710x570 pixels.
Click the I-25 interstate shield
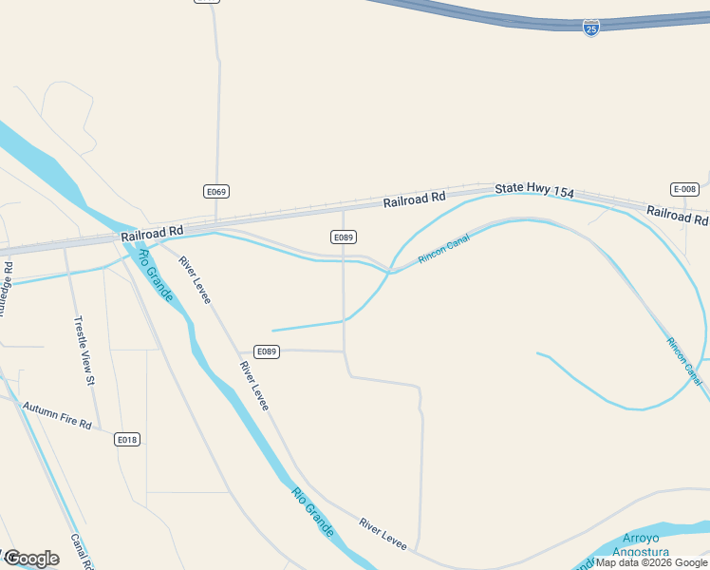pos(591,28)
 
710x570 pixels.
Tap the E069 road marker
pos(216,192)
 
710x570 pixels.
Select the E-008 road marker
pos(684,189)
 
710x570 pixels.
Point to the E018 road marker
pos(127,439)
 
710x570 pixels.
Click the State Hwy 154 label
pos(534,192)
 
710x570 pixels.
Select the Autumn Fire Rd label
pos(57,414)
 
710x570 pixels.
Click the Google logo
pos(30,559)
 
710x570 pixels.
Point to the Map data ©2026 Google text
pos(651,562)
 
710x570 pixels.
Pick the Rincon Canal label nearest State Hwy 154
pos(444,250)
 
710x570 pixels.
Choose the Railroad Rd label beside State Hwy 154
pos(414,199)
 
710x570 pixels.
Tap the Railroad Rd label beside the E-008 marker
pos(677,215)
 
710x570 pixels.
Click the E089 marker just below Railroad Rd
pos(344,237)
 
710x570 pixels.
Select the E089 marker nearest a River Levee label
pos(267,351)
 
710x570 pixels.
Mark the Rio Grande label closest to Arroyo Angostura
pos(313,512)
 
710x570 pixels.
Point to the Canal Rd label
pos(81,551)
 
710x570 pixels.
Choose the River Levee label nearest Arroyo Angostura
pos(383,534)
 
